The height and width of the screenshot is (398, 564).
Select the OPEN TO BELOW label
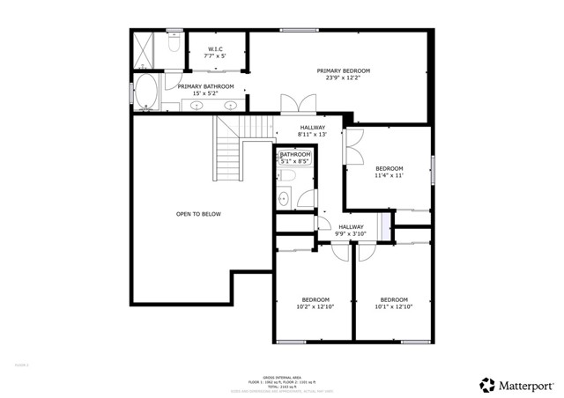pos(198,214)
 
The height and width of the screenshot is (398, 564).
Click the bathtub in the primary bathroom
pos(147,92)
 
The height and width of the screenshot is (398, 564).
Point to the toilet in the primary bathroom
pos(174,42)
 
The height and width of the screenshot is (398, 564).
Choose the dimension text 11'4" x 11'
pos(389,176)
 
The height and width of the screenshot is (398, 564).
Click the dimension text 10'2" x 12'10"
pos(315,306)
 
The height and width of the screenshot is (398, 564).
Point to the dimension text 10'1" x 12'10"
pos(392,306)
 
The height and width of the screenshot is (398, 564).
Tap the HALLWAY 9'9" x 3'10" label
pos(351,231)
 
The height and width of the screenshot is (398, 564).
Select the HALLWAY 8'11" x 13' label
pos(313,131)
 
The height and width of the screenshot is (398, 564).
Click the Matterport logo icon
pos(486,385)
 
